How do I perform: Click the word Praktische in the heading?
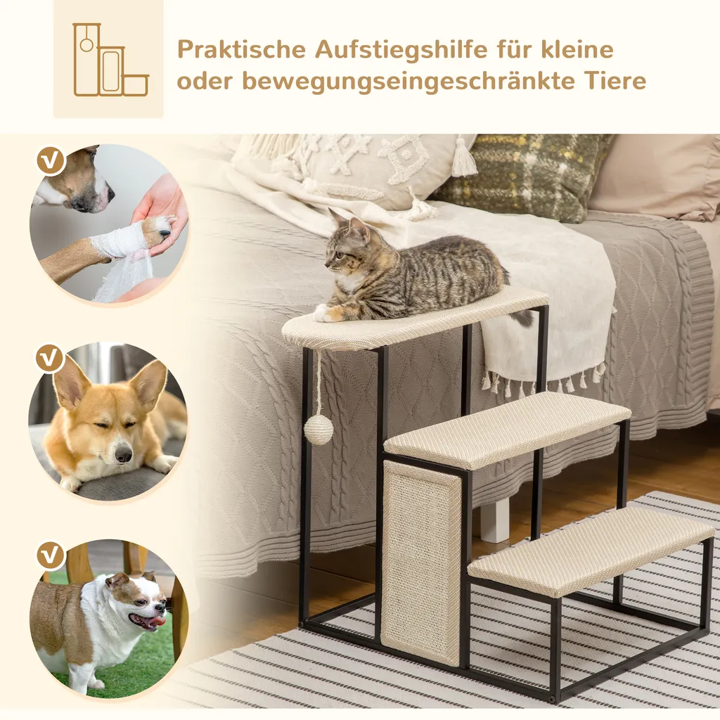(x=241, y=51)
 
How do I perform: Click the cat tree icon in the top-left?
(x=109, y=60)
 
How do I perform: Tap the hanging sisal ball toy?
(x=319, y=429)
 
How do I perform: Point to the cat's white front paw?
(x=325, y=312)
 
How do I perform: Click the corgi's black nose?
(x=124, y=455)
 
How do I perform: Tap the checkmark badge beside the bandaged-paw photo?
(x=50, y=161)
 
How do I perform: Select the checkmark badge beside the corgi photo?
(x=50, y=359)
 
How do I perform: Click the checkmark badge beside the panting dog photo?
(x=50, y=555)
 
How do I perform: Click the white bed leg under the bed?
(x=495, y=520)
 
